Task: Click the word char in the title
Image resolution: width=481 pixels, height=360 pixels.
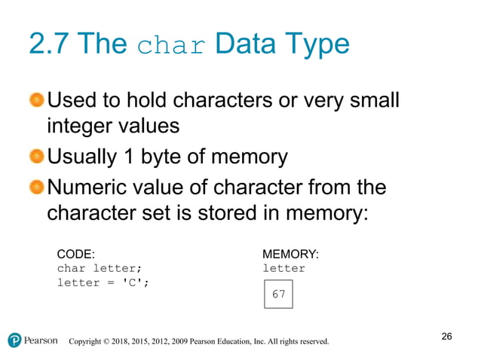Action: [x=171, y=45]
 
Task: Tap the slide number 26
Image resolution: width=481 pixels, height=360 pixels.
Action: [x=446, y=336]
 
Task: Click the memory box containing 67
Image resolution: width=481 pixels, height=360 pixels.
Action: [x=278, y=294]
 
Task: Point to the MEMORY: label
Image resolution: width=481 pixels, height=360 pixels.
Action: [x=290, y=254]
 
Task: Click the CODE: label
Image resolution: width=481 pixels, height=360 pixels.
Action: [x=76, y=254]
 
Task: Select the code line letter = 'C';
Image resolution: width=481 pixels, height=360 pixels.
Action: [x=102, y=282]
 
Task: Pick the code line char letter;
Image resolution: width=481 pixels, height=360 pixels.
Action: [x=99, y=268]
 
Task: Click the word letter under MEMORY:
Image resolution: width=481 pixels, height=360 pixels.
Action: [x=283, y=268]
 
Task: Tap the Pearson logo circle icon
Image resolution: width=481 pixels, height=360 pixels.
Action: [x=15, y=340]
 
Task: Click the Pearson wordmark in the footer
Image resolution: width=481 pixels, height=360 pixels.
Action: [x=41, y=340]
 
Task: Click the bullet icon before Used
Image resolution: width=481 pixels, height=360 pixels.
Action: [x=37, y=100]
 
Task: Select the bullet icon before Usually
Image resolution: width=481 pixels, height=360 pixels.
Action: [x=37, y=157]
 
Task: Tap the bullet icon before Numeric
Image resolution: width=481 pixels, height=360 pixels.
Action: [x=37, y=186]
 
